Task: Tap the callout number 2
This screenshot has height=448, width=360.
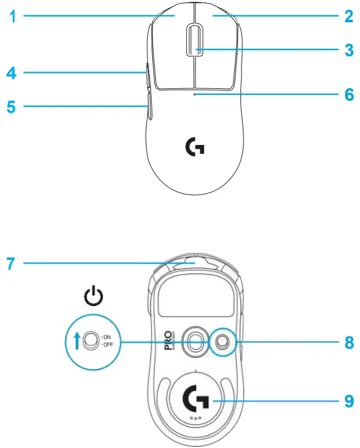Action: pyautogui.click(x=349, y=14)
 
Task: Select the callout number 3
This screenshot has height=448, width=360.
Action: pyautogui.click(x=349, y=48)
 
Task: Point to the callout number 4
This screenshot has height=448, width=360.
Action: pyautogui.click(x=11, y=73)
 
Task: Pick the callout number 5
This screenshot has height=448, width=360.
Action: pyautogui.click(x=11, y=107)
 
